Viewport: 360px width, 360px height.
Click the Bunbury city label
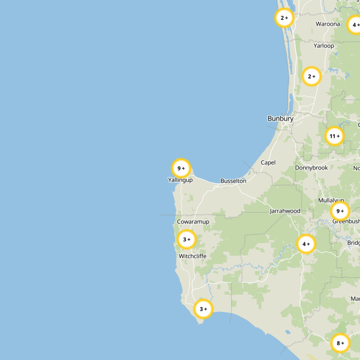[280, 119]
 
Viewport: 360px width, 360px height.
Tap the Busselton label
[233, 181]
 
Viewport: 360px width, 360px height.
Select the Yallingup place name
[180, 180]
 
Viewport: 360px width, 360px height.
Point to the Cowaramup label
[193, 222]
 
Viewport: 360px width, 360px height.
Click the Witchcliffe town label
[193, 256]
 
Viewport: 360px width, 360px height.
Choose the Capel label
[268, 162]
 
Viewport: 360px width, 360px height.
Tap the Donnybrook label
[311, 168]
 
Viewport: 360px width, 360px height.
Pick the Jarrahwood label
[285, 211]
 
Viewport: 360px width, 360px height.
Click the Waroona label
[328, 24]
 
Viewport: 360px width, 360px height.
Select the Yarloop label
[324, 45]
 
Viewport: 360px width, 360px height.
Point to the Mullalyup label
[331, 200]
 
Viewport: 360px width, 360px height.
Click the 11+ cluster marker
[334, 136]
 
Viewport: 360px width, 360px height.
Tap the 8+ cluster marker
[340, 343]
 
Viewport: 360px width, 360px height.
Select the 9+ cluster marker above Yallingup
[181, 168]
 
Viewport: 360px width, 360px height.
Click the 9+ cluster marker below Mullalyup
[340, 211]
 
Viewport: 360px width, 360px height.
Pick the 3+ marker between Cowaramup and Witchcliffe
[187, 239]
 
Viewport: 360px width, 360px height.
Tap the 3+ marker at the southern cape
[203, 309]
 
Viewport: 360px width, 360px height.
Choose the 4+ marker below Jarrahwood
[306, 244]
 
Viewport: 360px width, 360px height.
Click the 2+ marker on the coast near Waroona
[284, 18]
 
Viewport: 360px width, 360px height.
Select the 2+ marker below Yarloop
[311, 76]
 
